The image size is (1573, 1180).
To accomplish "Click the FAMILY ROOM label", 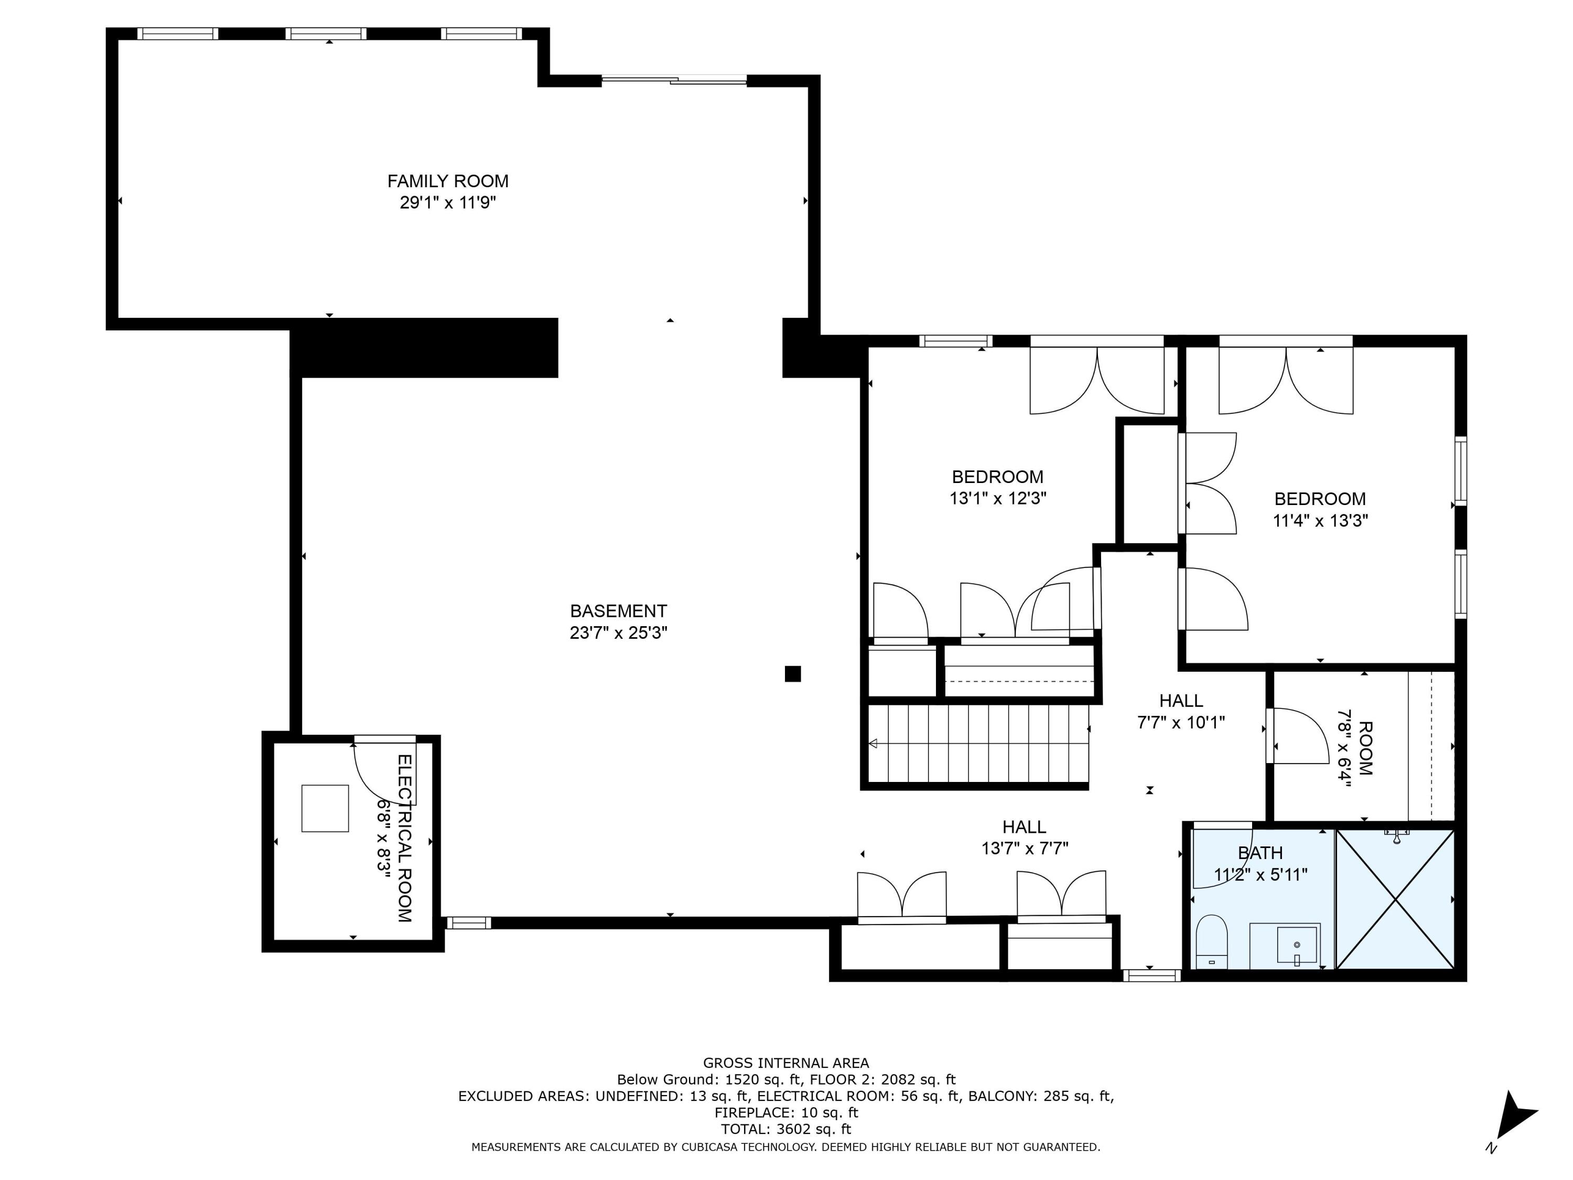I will point(447,181).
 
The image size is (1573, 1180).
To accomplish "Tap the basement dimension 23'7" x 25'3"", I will point(618,633).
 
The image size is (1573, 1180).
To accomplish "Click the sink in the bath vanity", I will point(1296,945).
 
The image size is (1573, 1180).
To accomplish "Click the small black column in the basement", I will point(792,673).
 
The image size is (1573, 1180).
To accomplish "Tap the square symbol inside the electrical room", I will point(325,808).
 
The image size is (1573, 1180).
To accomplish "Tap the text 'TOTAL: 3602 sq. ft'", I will point(786,1129).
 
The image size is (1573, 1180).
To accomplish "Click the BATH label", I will point(1260,853).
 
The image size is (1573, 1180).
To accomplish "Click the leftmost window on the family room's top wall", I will point(177,34).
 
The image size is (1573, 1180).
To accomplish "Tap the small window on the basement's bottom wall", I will point(468,923).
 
